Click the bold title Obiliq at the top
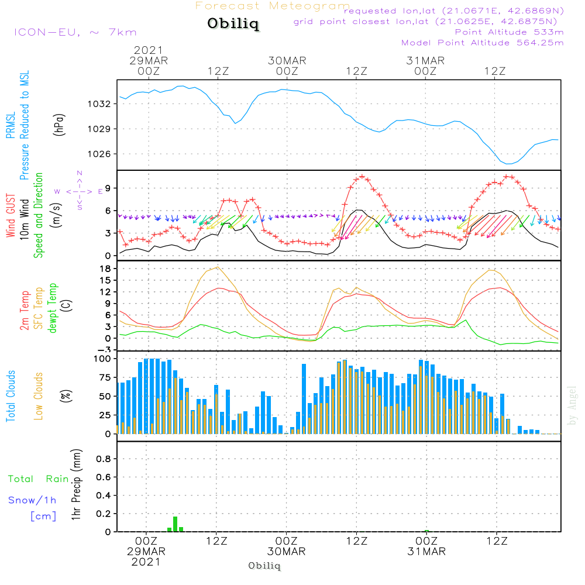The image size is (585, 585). tap(233, 25)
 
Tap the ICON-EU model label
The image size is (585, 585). tap(74, 32)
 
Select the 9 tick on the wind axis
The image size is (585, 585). tap(108, 188)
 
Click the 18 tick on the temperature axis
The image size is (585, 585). tap(106, 269)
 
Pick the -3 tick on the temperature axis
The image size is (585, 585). tap(106, 349)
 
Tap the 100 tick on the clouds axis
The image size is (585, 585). tap(102, 359)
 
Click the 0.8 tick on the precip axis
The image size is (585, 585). tap(104, 459)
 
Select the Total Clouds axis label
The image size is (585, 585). tap(11, 396)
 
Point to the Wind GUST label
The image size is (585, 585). tap(11, 216)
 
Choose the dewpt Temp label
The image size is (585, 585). tap(53, 308)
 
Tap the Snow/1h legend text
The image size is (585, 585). tap(32, 501)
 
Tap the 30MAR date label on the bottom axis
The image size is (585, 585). tap(287, 552)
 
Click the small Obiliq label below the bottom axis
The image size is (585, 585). tap(264, 566)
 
